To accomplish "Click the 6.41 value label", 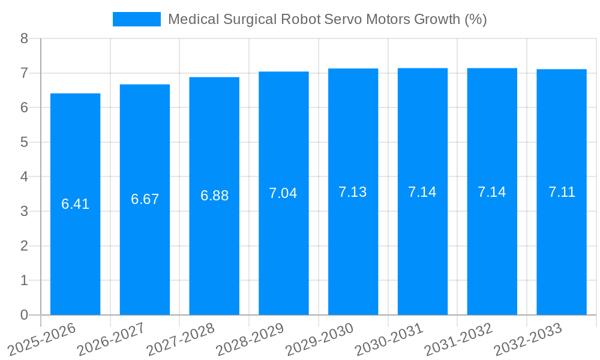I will [75, 204].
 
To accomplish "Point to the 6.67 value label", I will [145, 199].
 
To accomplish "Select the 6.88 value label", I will [214, 196].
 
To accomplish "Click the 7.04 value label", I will [283, 193].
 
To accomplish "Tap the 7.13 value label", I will [353, 192].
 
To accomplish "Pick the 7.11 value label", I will [562, 192].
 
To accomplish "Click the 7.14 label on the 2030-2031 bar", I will [422, 192].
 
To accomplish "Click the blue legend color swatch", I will [137, 19].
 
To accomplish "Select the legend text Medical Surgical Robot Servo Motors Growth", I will [327, 19].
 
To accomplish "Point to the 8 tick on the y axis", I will [24, 38].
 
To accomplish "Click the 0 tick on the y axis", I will [24, 315].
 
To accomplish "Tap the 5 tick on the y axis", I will [24, 142].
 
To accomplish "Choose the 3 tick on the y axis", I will [24, 211].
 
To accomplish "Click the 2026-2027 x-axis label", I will [112, 338].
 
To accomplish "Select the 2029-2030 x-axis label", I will [320, 338].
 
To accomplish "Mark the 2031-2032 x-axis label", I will [458, 338].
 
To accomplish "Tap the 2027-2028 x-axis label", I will [181, 338].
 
